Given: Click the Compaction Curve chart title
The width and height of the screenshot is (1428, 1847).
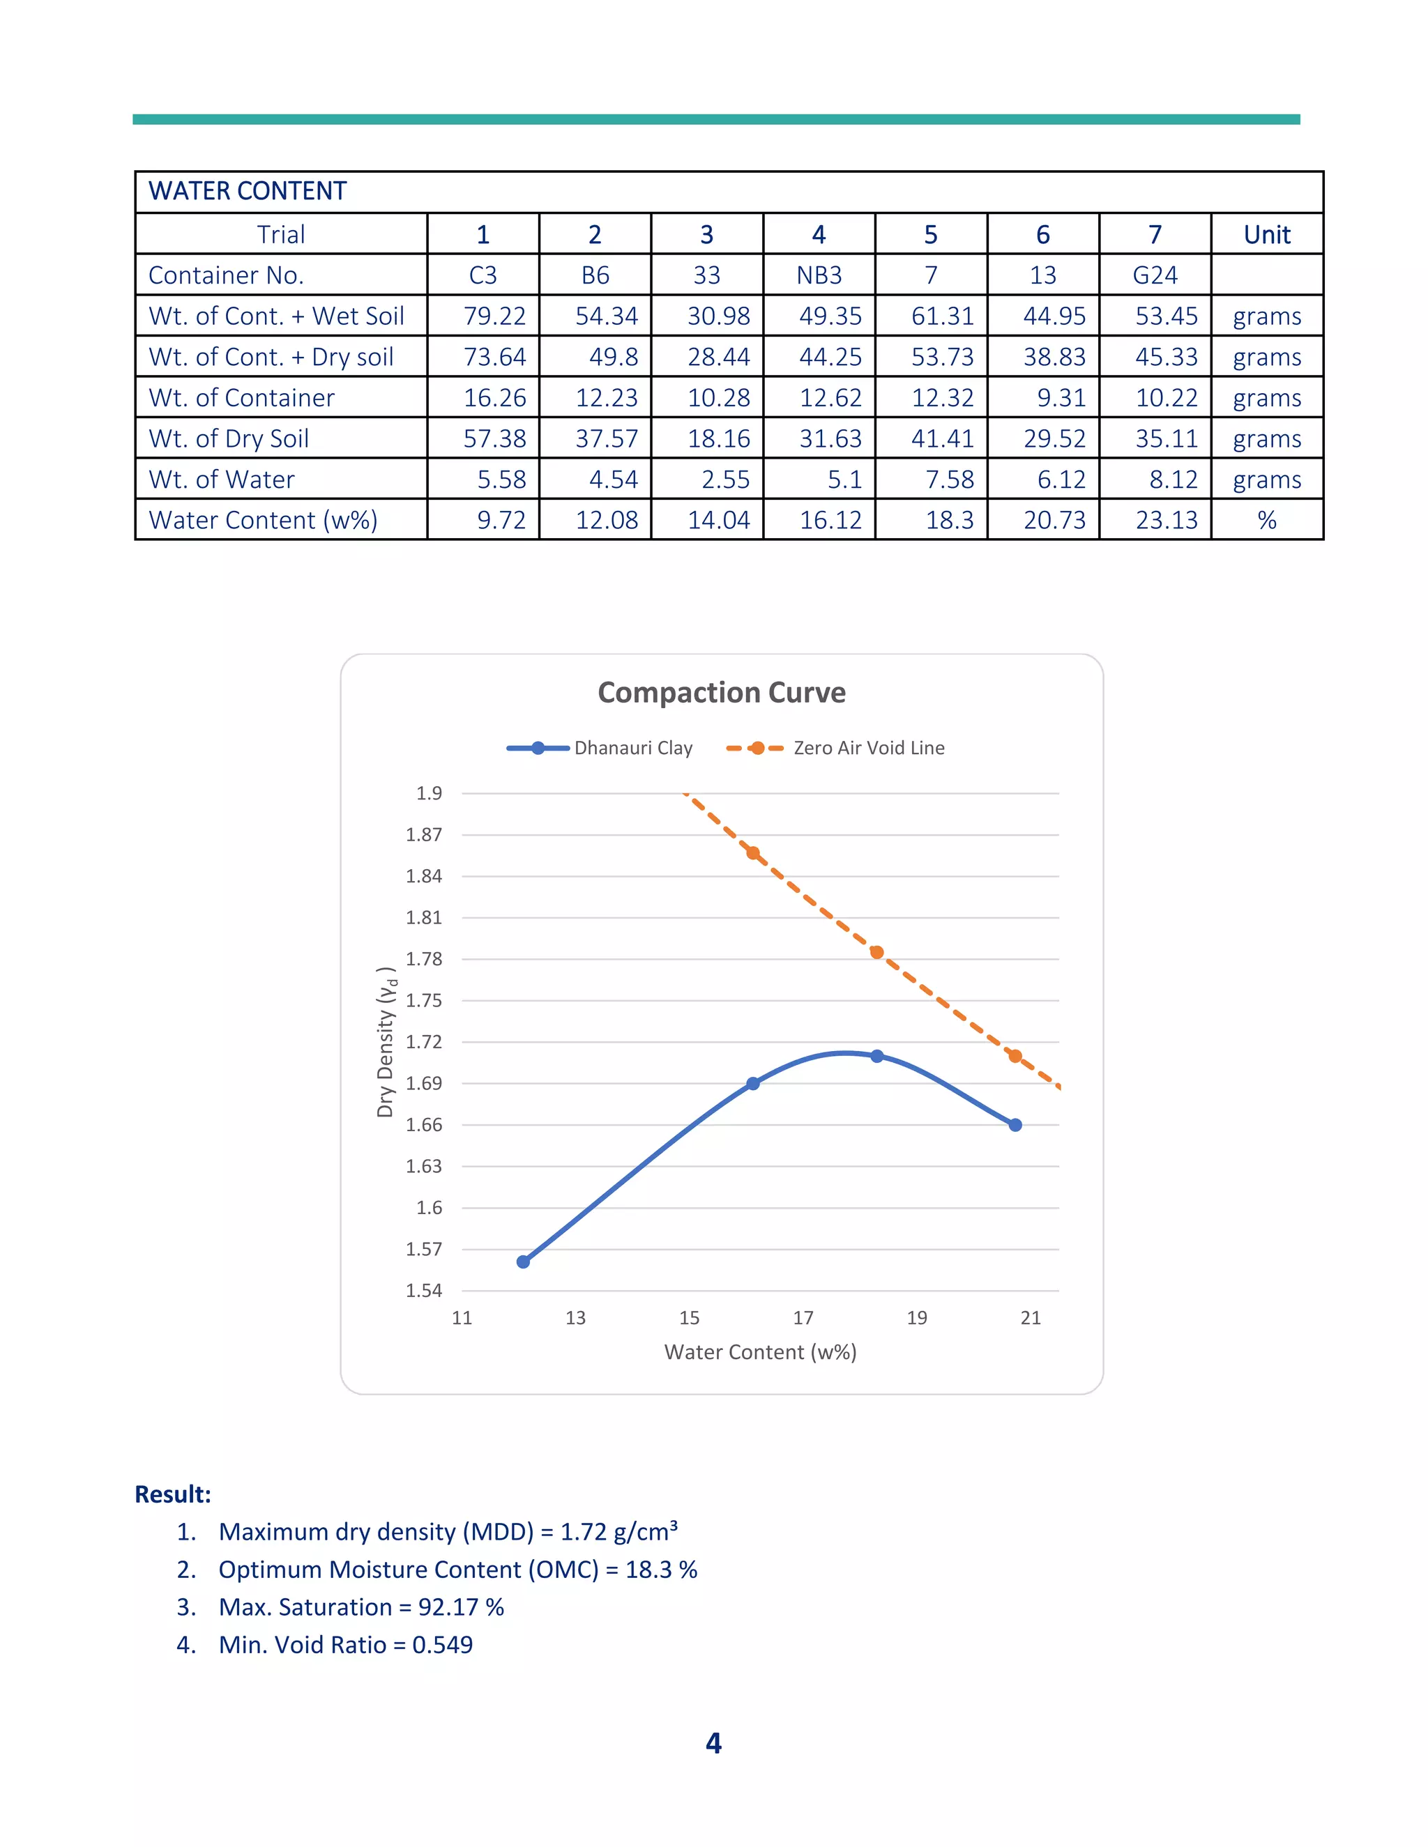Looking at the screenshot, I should [721, 693].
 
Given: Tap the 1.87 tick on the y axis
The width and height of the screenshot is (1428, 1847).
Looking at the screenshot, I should [424, 835].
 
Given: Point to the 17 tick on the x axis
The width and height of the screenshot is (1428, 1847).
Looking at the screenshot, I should [803, 1317].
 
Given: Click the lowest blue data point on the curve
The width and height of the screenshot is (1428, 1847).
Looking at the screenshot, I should [523, 1262].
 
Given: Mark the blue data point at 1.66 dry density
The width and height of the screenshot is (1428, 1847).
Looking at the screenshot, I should [1015, 1125].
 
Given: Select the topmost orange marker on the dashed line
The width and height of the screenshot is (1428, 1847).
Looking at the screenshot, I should [753, 852].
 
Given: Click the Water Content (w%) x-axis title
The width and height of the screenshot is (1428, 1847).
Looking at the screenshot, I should [760, 1352].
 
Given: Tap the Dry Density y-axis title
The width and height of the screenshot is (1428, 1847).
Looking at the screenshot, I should [386, 1042].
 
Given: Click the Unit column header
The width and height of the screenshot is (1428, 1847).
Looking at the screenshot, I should [1266, 234].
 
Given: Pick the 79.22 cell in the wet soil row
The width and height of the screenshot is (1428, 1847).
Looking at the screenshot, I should [494, 316].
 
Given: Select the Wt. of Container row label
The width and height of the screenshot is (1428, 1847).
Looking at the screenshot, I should [242, 398].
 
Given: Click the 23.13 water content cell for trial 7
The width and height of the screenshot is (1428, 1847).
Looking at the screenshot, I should [1166, 520].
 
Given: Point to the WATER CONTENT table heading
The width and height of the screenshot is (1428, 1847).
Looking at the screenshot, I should [248, 191].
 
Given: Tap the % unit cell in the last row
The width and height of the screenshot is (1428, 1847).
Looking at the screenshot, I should [1266, 520].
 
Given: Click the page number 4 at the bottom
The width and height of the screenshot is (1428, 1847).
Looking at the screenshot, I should [713, 1743].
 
